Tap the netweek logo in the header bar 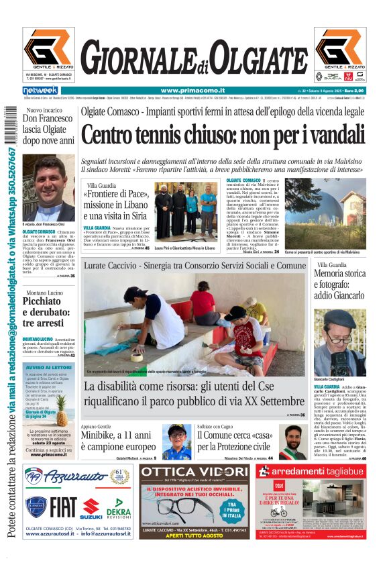click(40, 91)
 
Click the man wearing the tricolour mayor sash click(292, 442)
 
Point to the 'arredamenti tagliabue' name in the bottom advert click(321, 472)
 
